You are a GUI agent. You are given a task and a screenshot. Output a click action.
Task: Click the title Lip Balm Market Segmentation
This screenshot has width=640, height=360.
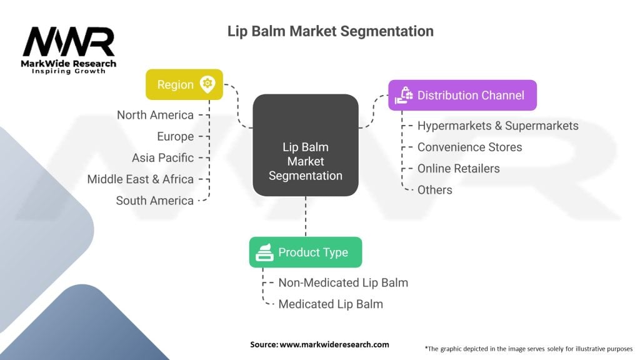pyautogui.click(x=330, y=31)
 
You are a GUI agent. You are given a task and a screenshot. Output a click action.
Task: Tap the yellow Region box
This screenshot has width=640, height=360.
pyautogui.click(x=184, y=84)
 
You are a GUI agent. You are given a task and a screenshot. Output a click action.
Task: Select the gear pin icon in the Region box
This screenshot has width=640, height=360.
pyautogui.click(x=207, y=84)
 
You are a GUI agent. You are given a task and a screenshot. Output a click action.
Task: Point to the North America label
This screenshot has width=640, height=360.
pyautogui.click(x=155, y=115)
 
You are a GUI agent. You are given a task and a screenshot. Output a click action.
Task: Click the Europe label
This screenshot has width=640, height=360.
pyautogui.click(x=175, y=136)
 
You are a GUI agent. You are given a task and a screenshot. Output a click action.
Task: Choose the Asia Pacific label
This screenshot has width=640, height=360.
pyautogui.click(x=162, y=157)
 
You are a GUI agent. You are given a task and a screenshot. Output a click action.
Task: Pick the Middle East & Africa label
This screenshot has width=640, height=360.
pyautogui.click(x=140, y=179)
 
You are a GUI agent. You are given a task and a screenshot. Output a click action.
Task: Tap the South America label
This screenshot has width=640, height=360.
pyautogui.click(x=154, y=201)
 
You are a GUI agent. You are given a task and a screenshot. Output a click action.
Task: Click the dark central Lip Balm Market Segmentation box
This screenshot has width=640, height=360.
pyautogui.click(x=305, y=145)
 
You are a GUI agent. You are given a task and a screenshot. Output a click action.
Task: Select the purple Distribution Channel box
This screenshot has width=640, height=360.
pyautogui.click(x=462, y=95)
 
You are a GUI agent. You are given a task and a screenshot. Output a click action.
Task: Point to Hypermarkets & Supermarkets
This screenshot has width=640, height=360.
pyautogui.click(x=497, y=126)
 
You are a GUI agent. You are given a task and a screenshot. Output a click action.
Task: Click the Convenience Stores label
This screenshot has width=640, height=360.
pyautogui.click(x=469, y=147)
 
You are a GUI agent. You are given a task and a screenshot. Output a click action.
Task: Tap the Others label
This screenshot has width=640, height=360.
pyautogui.click(x=434, y=189)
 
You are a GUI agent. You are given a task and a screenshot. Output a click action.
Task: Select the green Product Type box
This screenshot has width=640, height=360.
pyautogui.click(x=305, y=252)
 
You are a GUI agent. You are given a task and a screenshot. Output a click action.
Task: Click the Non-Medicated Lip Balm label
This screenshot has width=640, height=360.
pyautogui.click(x=343, y=282)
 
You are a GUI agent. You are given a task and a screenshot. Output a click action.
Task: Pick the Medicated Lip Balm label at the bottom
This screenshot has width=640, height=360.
pyautogui.click(x=330, y=304)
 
